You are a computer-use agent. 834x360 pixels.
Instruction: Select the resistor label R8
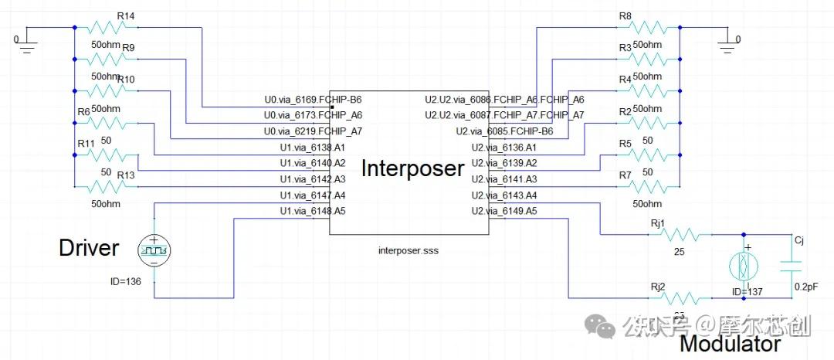625,16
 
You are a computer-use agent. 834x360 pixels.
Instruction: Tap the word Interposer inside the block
412,168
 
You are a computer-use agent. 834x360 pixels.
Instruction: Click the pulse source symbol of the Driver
154,250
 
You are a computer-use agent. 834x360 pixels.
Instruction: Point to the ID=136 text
127,281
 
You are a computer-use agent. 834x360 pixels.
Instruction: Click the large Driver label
90,248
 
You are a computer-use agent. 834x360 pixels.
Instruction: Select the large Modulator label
730,344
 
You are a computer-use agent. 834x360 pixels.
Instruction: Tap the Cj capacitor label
800,241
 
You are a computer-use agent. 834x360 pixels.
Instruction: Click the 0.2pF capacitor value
808,286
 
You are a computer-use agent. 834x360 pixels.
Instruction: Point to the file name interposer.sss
409,250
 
